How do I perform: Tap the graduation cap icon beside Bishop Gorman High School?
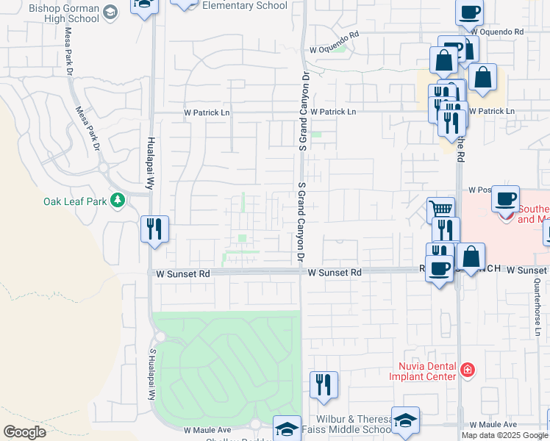click(110, 12)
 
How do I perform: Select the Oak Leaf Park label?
click(74, 201)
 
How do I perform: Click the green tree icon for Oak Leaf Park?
click(117, 201)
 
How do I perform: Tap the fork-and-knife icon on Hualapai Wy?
click(154, 229)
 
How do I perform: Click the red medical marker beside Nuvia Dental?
click(467, 369)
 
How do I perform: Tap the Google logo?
click(24, 432)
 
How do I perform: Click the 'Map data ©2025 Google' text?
click(504, 435)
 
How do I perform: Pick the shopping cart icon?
click(440, 210)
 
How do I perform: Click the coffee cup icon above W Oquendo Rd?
click(469, 12)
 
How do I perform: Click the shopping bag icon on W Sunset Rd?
click(471, 257)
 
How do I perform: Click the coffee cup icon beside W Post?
click(506, 198)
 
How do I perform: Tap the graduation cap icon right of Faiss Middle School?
click(405, 420)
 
